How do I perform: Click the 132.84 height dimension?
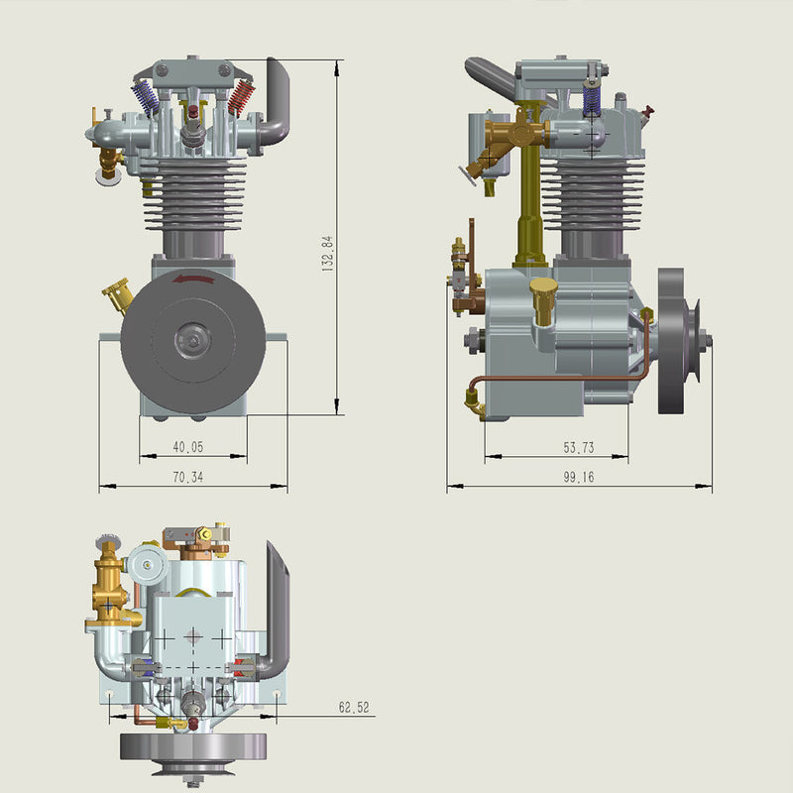tap(327, 254)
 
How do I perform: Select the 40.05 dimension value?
tap(187, 447)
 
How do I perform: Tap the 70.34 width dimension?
tap(187, 478)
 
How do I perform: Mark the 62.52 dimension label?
tap(354, 708)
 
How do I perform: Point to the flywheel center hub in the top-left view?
tap(193, 340)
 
